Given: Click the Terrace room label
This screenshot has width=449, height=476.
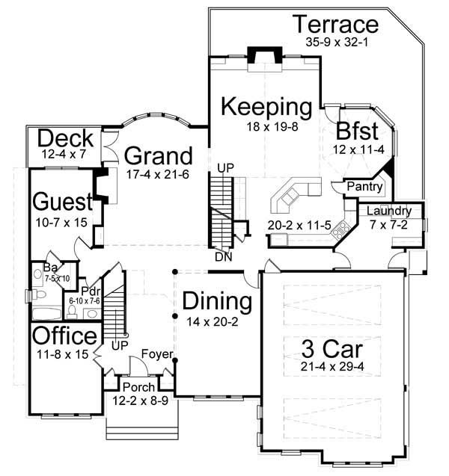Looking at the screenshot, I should click(x=335, y=24).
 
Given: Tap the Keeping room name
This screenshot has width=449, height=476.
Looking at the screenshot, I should click(x=266, y=107).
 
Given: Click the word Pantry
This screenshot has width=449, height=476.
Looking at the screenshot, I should click(x=365, y=187).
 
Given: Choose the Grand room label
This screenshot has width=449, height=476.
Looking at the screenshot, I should click(x=158, y=156).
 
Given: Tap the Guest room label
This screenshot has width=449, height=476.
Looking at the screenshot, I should click(x=62, y=202).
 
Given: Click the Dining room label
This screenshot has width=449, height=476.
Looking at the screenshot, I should click(x=217, y=303).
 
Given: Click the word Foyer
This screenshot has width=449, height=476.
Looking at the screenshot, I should click(x=158, y=353).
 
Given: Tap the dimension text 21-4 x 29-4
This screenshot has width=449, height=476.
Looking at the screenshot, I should click(x=328, y=367).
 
